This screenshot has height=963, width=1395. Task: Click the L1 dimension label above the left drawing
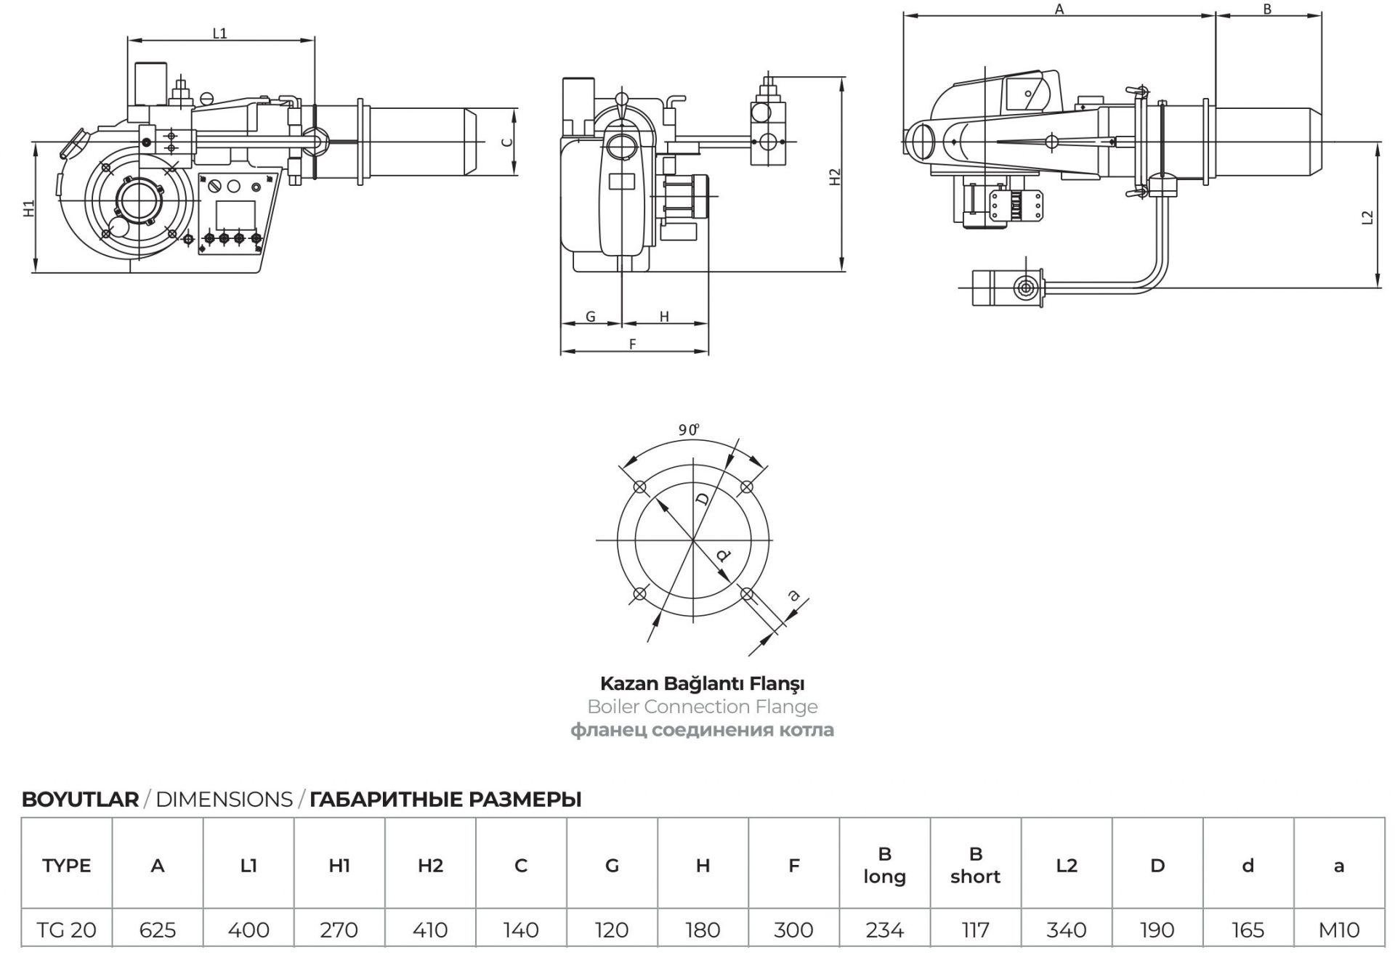click(219, 33)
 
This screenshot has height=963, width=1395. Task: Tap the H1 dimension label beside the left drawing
click(29, 208)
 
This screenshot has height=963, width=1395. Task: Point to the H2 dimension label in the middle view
click(835, 176)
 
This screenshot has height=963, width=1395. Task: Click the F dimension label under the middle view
click(633, 344)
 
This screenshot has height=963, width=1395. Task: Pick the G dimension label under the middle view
click(591, 317)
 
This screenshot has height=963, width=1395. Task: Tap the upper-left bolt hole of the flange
click(640, 487)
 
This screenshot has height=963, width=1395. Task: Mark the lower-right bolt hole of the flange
click(747, 594)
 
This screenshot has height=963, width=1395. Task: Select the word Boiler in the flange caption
click(613, 707)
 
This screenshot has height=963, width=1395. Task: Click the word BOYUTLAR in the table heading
click(80, 800)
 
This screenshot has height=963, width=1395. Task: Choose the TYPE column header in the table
click(67, 866)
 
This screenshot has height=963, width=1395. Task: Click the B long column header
click(885, 866)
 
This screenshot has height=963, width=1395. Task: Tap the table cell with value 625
click(158, 930)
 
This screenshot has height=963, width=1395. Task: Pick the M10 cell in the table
click(1339, 930)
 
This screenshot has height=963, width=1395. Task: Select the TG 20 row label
click(67, 930)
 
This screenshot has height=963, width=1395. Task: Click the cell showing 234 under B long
click(885, 930)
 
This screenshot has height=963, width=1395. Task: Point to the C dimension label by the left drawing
click(508, 142)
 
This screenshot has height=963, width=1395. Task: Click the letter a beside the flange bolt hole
click(794, 596)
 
